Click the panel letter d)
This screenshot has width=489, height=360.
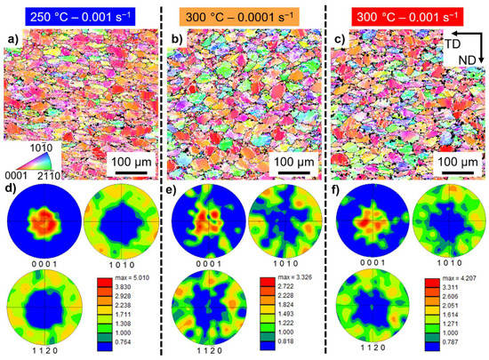12,188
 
